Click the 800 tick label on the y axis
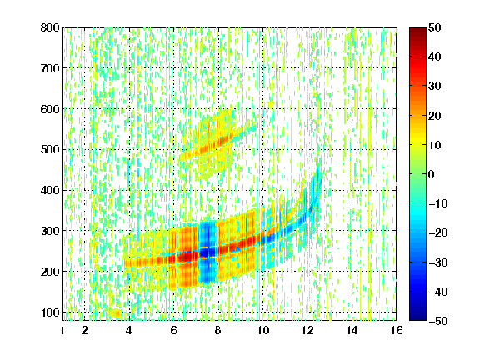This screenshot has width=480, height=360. click(x=50, y=27)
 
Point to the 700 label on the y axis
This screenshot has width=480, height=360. click(x=50, y=68)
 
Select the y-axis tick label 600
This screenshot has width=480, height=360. click(x=50, y=109)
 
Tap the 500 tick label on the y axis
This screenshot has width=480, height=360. click(x=50, y=150)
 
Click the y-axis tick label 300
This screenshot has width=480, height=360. click(x=50, y=231)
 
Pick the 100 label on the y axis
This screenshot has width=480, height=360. click(x=50, y=312)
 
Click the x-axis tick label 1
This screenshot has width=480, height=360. click(x=62, y=330)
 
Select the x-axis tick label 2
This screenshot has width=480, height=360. click(x=85, y=330)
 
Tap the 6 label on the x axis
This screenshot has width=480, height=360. click(x=173, y=330)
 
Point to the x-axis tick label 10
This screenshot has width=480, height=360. click(x=262, y=330)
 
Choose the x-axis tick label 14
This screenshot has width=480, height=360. click(x=352, y=330)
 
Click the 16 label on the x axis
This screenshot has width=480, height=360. click(x=397, y=330)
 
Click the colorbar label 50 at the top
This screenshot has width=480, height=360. click(x=434, y=27)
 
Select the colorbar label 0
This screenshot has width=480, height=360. click(x=432, y=174)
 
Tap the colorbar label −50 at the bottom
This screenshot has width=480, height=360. click(x=437, y=321)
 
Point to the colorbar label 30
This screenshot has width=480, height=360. click(x=434, y=87)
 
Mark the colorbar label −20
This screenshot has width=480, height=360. click(x=437, y=232)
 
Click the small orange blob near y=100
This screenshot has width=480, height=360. click(x=116, y=313)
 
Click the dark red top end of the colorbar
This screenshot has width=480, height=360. click(x=417, y=31)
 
